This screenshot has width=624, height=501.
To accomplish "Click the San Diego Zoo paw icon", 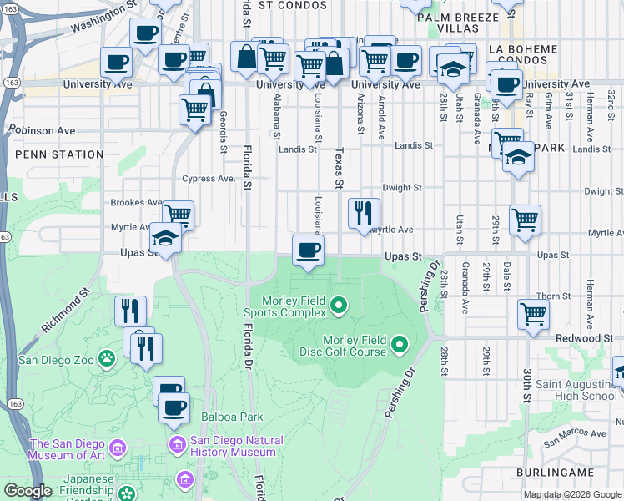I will pos(107,359).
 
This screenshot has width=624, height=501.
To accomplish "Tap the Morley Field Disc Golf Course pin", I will pos(400,344).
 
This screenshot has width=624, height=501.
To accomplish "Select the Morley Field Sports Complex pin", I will pos(338,306).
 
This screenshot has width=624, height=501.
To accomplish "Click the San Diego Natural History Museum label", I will pos(236,446).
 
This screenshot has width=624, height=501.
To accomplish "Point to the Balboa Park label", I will pos(232,417).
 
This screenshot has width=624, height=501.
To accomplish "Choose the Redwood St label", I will pos(585,338).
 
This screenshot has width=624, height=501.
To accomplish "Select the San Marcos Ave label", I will pos(576,434).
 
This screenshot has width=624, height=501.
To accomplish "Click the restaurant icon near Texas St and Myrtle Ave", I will pos(363,213).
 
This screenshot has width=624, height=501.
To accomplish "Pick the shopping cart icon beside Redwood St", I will pos(533,314).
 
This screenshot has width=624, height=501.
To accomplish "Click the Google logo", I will pos(28,492).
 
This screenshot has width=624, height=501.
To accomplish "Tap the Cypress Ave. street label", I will pos(209,179).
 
